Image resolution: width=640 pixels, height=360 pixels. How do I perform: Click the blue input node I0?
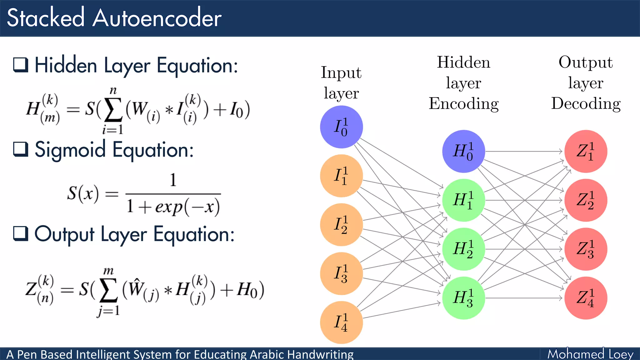click(x=341, y=127)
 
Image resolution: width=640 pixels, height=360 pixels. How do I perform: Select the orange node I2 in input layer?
click(x=341, y=225)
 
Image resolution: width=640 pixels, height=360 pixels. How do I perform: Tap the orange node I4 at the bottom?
click(x=341, y=322)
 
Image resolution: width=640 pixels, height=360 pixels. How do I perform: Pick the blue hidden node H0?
click(x=463, y=151)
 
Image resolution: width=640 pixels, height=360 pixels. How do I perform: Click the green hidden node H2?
click(x=463, y=249)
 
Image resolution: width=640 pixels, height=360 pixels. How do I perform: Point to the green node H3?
click(x=463, y=298)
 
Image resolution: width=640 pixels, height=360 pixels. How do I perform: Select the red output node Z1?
click(x=586, y=151)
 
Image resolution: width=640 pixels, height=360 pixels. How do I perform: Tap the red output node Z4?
click(x=586, y=298)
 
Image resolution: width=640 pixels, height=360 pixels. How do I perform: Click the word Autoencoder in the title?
click(x=157, y=18)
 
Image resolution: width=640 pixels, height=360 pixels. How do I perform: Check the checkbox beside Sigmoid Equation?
click(x=21, y=149)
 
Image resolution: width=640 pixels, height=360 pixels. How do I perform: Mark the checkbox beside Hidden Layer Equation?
click(x=21, y=65)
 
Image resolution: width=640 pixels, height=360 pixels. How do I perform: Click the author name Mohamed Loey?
click(x=590, y=354)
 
